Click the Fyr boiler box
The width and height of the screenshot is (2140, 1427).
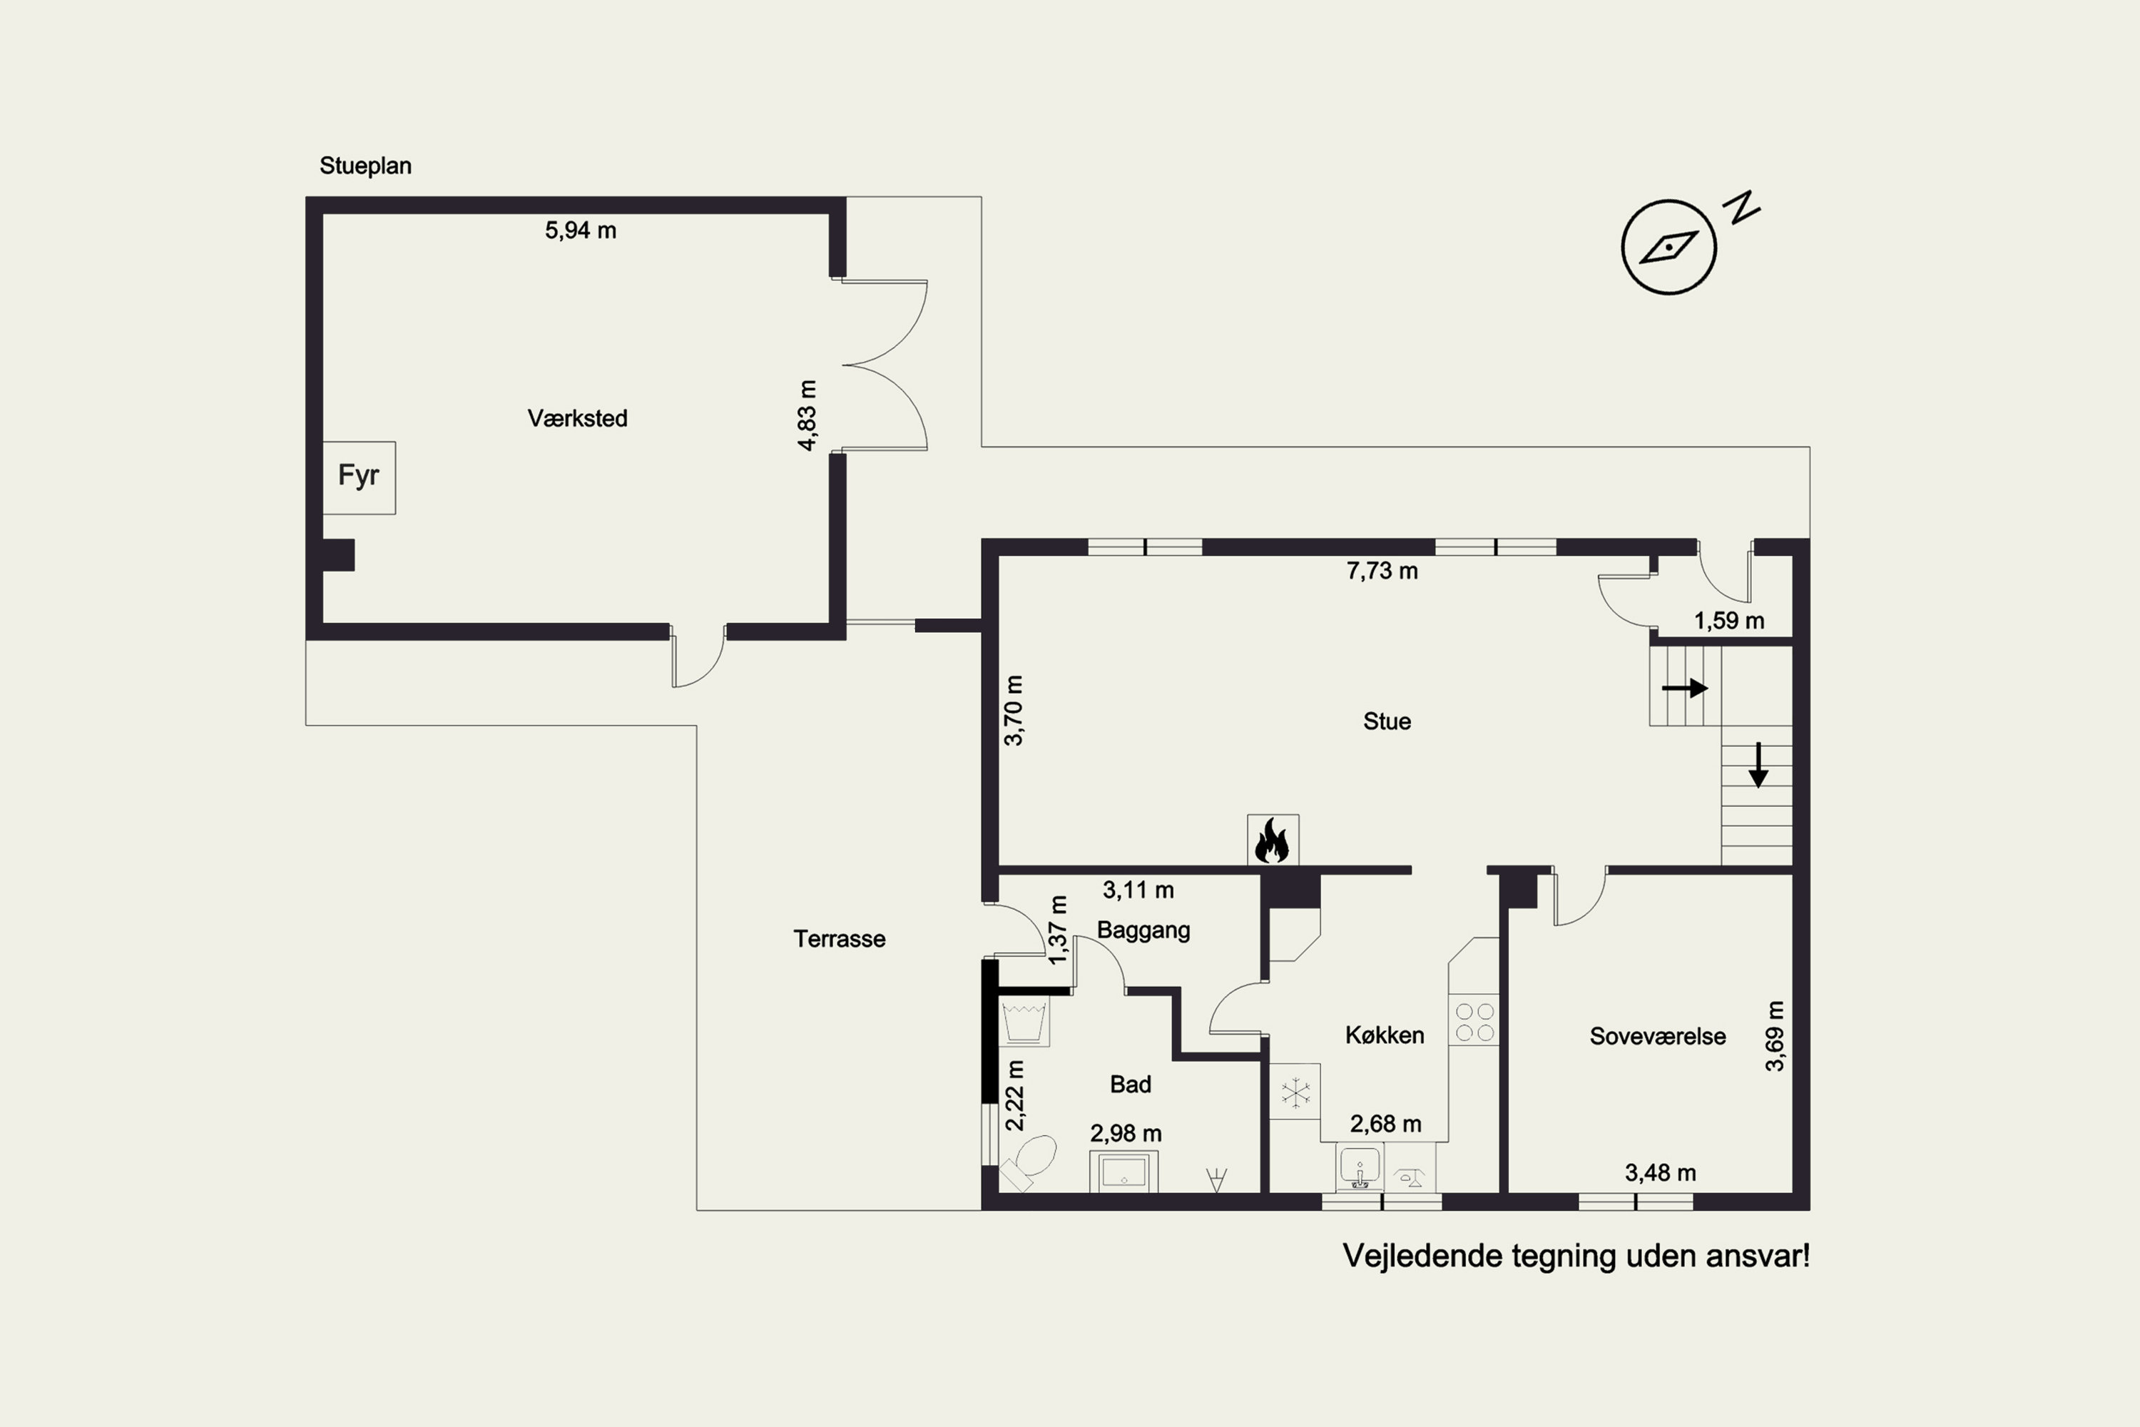[x=359, y=478]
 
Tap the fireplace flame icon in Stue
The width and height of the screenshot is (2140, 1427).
[x=1272, y=840]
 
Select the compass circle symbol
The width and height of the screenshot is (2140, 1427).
[x=1668, y=247]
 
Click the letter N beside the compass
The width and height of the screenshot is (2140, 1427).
[x=1743, y=208]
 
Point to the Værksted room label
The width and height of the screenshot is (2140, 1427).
[x=578, y=419]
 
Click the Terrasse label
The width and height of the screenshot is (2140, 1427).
[x=839, y=939]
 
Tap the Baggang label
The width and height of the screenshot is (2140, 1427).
[x=1143, y=931]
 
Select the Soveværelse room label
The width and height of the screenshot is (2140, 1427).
[x=1658, y=1037]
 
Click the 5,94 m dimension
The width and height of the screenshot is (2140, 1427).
[x=581, y=231]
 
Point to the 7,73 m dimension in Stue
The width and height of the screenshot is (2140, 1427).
[x=1382, y=571]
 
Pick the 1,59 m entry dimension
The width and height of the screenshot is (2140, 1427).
[x=1728, y=621]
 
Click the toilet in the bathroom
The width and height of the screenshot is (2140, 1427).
[x=1029, y=1163]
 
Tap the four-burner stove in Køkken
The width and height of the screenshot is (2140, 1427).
[x=1474, y=1021]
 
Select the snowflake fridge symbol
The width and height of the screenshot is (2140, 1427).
[x=1295, y=1092]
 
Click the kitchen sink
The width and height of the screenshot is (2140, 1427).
[x=1360, y=1167]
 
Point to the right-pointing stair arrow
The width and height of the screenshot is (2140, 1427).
[x=1684, y=688]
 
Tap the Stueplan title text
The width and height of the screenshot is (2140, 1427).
[x=365, y=166]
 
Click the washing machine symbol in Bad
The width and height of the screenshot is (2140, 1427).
[x=1024, y=1022]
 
